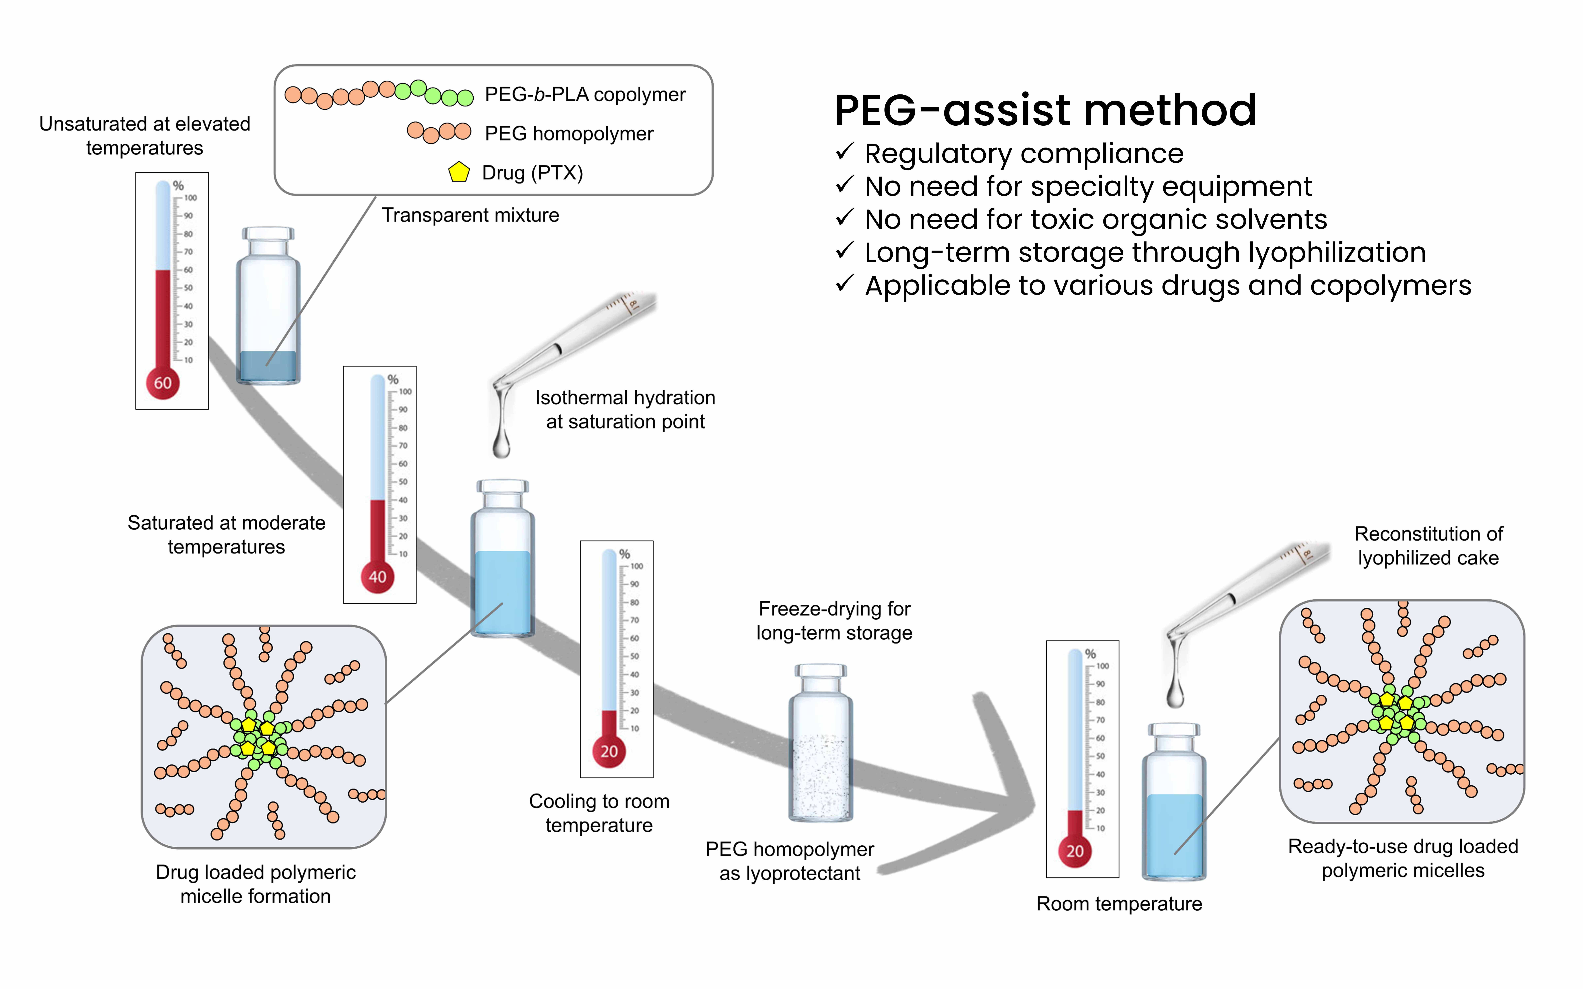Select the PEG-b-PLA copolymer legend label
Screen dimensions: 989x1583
coord(585,95)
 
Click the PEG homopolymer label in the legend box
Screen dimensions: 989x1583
coord(568,134)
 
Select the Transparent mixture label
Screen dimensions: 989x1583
coord(470,215)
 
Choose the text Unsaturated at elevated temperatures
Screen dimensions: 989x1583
coord(145,135)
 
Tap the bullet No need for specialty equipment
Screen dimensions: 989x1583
coord(1088,186)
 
